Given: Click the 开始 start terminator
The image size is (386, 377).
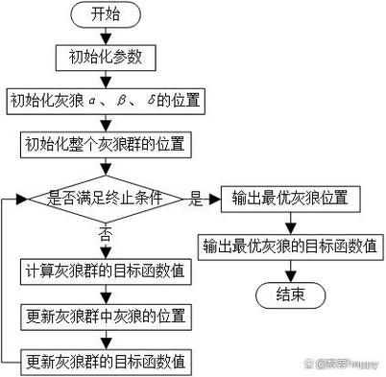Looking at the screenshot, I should click(x=106, y=14).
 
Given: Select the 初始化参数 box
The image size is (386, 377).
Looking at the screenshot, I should click(x=106, y=57).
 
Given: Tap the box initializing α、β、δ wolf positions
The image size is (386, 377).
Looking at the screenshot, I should click(x=106, y=101).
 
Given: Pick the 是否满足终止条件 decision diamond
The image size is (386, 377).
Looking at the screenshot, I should click(x=106, y=200).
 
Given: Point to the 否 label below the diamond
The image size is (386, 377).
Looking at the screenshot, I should click(x=106, y=234).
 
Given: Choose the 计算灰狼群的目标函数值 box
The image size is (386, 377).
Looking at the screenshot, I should click(x=106, y=271).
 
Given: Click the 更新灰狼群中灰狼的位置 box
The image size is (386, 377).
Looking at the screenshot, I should click(x=106, y=317).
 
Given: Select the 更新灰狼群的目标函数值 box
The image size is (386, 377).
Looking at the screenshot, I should click(x=106, y=362).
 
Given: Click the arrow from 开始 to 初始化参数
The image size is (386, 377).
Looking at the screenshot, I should click(x=106, y=35).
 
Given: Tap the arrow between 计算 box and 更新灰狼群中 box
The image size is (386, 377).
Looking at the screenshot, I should click(x=106, y=294).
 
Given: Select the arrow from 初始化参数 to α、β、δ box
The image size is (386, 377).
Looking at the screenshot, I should click(x=106, y=79).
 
